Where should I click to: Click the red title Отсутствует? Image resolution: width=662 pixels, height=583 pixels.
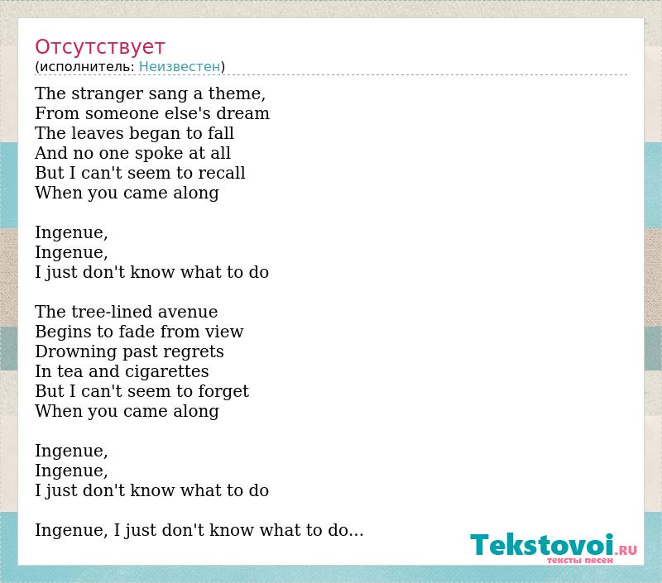click(99, 47)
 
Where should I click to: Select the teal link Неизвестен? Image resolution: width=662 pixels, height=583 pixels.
click(180, 67)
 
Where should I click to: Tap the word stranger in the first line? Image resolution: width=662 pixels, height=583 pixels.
click(108, 93)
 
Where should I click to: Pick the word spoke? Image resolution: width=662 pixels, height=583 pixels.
click(141, 153)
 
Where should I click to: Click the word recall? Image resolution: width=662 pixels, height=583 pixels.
click(222, 173)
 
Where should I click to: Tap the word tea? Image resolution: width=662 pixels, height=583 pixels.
click(70, 371)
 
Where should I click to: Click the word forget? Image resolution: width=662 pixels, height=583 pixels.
click(223, 391)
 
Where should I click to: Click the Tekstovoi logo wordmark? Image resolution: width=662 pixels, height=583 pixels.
click(542, 545)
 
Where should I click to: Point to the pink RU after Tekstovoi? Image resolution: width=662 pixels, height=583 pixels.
click(628, 550)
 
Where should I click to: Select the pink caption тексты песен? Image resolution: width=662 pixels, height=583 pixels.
click(580, 560)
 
